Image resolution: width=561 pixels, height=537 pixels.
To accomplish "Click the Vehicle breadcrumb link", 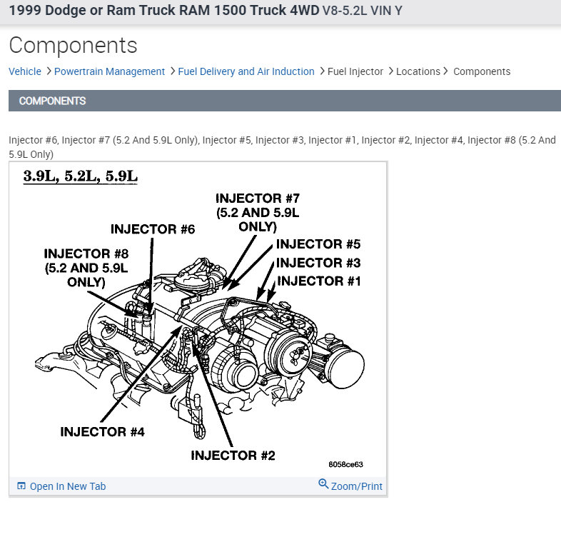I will pos(25,71).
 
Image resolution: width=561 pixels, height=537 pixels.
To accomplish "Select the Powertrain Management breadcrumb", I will pos(109,71).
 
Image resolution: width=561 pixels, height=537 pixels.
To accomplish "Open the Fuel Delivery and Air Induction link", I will pos(246,71).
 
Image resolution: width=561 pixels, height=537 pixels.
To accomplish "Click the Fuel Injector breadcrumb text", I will pos(355,71).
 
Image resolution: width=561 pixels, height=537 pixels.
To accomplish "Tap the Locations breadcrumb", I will pos(418,71).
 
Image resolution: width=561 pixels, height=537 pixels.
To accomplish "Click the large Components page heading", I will pos(73,46).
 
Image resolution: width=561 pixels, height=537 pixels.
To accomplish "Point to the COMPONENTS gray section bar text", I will pos(52,101).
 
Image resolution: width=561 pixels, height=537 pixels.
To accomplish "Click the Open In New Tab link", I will pos(67,486).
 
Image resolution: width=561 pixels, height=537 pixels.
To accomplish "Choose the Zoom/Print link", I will pos(357,486).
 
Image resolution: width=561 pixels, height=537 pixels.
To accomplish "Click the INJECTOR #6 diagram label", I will pos(153,229).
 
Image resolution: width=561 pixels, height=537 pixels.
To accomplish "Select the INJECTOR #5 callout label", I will pos(318,244).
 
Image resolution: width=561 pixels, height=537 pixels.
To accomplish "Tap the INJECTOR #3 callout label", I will pos(318,263).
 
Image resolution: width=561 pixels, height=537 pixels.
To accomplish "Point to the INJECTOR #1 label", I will pos(319,281).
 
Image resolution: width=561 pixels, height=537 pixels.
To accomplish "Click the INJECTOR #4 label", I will pos(102,432).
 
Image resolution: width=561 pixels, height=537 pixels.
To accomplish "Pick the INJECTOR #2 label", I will pos(233,456).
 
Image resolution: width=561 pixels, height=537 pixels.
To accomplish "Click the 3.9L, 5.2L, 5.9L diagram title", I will pos(80,176).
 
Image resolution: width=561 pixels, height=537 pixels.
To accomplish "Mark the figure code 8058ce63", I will pos(345,464).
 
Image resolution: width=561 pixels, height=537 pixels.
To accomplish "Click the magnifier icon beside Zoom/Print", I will pos(323,484).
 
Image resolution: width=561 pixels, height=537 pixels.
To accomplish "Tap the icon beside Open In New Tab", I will pos(21,486).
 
